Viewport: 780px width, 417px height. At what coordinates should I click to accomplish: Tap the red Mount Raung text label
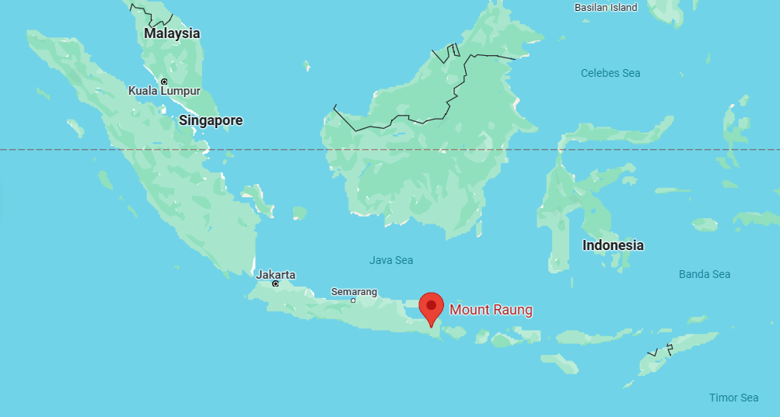[x=491, y=310]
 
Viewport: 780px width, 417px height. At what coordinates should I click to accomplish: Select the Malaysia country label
[x=172, y=33]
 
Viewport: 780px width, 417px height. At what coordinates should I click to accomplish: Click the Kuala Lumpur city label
[x=164, y=91]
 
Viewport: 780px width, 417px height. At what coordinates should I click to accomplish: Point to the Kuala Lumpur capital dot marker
[x=164, y=81]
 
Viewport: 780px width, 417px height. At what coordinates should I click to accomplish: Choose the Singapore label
[x=211, y=120]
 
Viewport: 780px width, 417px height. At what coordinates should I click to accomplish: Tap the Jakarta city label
[x=276, y=274]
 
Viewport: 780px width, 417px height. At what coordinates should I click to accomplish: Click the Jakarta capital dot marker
[x=275, y=284]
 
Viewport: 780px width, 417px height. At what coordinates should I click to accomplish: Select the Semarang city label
[x=354, y=292]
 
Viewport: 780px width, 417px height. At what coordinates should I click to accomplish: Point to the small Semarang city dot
[x=353, y=301]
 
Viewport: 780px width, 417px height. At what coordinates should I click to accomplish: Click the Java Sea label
[x=391, y=260]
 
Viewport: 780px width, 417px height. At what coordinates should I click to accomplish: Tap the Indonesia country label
[x=613, y=245]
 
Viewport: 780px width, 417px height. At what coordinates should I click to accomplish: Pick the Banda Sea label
[x=704, y=274]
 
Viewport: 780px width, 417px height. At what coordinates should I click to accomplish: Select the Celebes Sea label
[x=610, y=73]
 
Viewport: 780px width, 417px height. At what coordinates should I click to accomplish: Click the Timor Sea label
[x=733, y=398]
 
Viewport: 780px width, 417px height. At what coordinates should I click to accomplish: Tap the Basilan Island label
[x=605, y=7]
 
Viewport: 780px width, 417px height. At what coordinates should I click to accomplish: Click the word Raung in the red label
[x=514, y=310]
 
